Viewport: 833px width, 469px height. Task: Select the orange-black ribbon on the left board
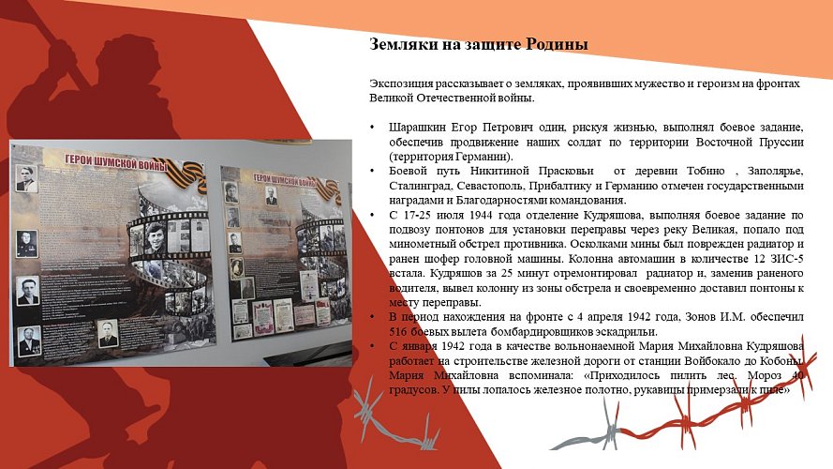[x=188, y=174]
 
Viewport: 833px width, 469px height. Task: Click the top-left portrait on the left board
[x=26, y=178]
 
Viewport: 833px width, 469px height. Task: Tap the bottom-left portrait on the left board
[x=31, y=340]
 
